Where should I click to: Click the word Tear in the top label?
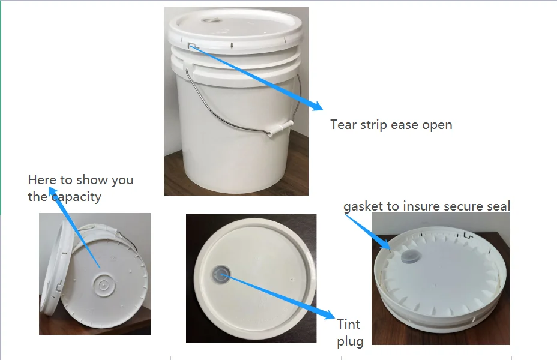point(343,125)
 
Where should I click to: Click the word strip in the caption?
point(373,125)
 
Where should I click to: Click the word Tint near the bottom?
point(348,325)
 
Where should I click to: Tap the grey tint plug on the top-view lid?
point(218,275)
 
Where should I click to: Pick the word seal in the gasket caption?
point(498,207)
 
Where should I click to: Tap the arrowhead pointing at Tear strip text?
point(316,106)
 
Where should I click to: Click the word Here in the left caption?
point(41,180)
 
